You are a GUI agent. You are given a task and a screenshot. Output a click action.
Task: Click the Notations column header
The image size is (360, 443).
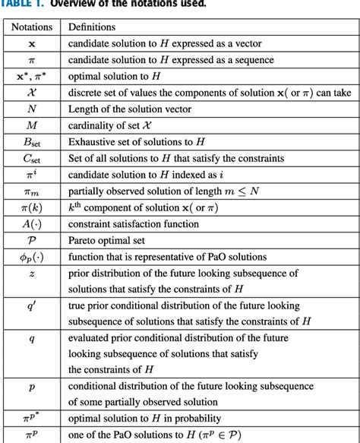pyautogui.click(x=31, y=27)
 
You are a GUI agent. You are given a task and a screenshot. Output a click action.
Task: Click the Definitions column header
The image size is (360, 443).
pyautogui.click(x=96, y=27)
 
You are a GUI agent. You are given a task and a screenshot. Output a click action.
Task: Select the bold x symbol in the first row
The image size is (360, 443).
pyautogui.click(x=31, y=44)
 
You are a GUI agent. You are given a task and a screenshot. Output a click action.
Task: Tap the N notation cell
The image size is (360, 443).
pyautogui.click(x=31, y=109)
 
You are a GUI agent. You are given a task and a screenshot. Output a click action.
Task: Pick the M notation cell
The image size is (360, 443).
pyautogui.click(x=31, y=125)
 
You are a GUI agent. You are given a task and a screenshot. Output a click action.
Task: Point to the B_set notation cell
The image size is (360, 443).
pyautogui.click(x=31, y=142)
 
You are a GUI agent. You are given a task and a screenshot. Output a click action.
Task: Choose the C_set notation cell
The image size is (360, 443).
pyautogui.click(x=31, y=158)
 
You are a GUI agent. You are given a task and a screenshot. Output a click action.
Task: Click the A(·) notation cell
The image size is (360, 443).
pyautogui.click(x=31, y=223)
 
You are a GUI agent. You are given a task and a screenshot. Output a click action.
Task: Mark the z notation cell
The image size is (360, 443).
pyautogui.click(x=31, y=273)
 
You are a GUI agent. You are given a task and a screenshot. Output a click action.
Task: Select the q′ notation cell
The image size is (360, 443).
pyautogui.click(x=31, y=305)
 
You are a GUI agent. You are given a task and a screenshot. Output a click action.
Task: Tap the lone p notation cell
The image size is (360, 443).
pyautogui.click(x=31, y=387)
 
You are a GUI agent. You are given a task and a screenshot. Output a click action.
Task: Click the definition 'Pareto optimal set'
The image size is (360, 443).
pyautogui.click(x=111, y=239)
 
